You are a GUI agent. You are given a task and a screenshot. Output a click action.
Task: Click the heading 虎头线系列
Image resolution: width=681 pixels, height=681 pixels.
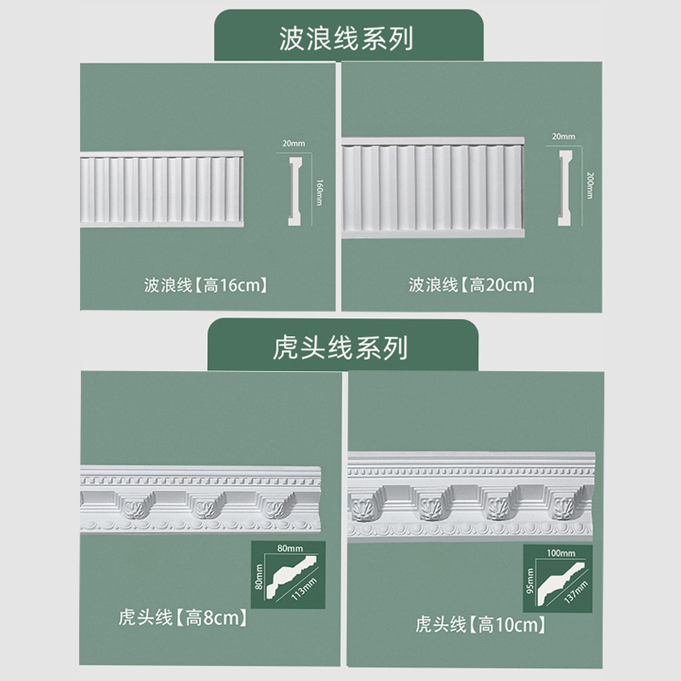[x=340, y=347]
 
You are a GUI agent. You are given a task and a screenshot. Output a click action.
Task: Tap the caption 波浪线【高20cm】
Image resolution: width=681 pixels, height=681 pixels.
[x=472, y=284]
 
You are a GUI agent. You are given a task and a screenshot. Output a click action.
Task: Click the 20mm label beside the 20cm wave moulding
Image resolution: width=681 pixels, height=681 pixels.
[x=563, y=136]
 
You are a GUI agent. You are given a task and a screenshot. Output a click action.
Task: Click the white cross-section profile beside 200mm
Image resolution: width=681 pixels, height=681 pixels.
[x=563, y=188]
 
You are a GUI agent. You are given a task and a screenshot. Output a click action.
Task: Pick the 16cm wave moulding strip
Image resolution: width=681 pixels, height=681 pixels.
[x=161, y=189]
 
